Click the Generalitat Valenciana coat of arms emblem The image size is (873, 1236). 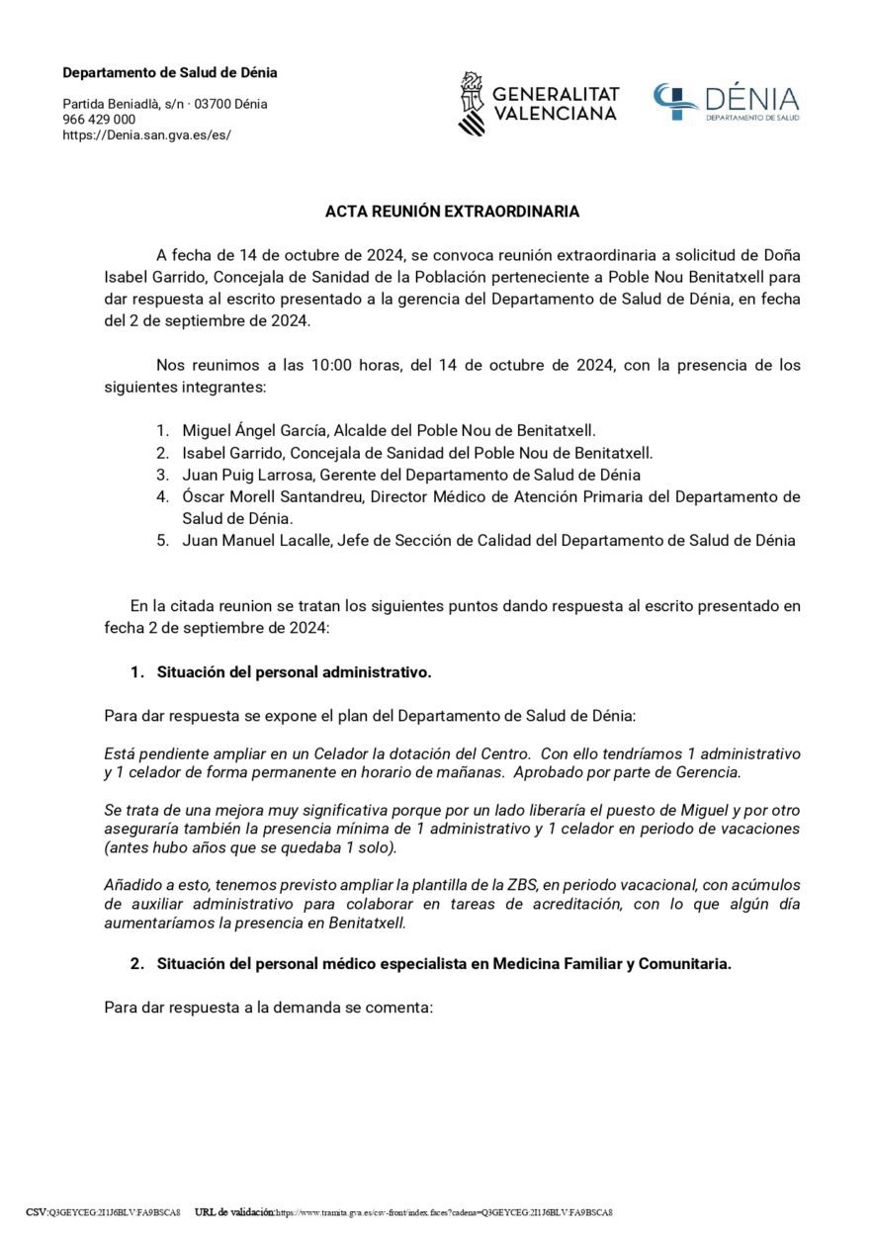tap(472, 103)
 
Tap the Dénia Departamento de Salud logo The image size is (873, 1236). tap(726, 103)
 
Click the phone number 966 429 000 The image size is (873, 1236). tap(99, 120)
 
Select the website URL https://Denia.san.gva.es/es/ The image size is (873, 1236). tap(146, 134)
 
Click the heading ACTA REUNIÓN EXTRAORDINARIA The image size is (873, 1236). tap(452, 212)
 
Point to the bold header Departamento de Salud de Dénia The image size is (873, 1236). tap(170, 72)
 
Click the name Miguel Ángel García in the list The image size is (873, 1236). tap(254, 430)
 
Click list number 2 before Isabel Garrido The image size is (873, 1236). tap(162, 453)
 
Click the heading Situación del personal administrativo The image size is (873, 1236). tap(294, 672)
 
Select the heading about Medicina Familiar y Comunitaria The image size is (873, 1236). tap(444, 963)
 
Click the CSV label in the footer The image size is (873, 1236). tap(37, 1211)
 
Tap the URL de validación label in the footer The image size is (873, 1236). tap(233, 1211)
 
